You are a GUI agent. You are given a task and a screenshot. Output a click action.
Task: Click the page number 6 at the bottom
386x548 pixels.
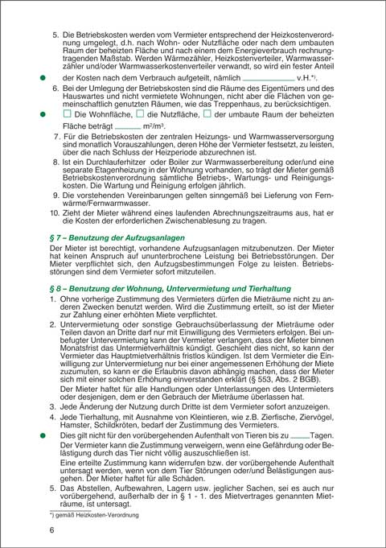point(52,529)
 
